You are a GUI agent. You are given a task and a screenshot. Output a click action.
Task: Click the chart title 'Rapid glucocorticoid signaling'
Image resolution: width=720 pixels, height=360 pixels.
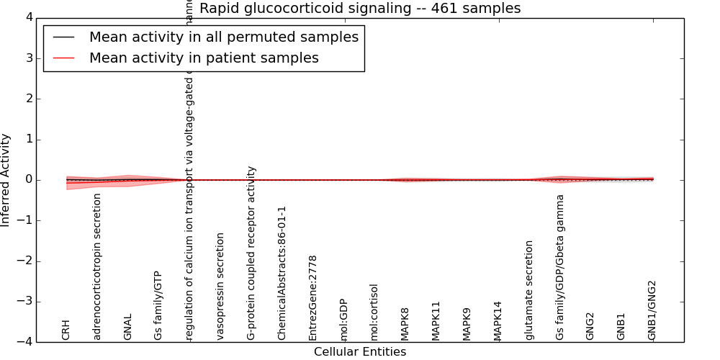click(360, 9)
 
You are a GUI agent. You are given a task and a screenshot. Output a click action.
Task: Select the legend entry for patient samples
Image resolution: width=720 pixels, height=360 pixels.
click(204, 58)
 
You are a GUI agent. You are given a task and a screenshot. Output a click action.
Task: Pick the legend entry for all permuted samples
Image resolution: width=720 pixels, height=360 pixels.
click(223, 37)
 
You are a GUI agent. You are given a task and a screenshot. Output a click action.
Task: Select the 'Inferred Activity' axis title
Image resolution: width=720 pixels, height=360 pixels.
click(6, 180)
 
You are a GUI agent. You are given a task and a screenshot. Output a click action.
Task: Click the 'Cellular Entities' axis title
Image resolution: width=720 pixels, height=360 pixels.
click(360, 352)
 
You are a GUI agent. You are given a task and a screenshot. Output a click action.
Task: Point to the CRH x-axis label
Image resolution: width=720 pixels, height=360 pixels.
click(66, 330)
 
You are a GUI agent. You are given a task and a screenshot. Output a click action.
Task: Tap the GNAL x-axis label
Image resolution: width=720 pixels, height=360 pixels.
click(128, 325)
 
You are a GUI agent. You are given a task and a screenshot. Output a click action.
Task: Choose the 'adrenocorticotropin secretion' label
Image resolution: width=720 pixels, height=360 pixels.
click(97, 266)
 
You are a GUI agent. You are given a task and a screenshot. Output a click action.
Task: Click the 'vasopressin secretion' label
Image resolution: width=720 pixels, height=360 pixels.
click(220, 286)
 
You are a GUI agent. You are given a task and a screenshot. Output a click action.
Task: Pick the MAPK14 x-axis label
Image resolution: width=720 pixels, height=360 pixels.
click(498, 320)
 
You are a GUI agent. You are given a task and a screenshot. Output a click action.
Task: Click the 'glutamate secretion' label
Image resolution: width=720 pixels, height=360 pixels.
click(529, 289)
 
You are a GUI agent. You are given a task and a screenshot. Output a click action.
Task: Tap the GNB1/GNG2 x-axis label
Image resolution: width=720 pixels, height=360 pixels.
click(652, 310)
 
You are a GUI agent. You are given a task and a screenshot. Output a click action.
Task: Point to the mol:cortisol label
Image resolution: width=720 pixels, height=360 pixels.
click(374, 312)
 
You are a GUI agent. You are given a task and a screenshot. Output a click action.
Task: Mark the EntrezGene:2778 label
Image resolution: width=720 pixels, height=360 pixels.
click(312, 297)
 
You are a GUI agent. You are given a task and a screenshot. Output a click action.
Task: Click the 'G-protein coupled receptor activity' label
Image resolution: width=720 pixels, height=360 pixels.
click(251, 253)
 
